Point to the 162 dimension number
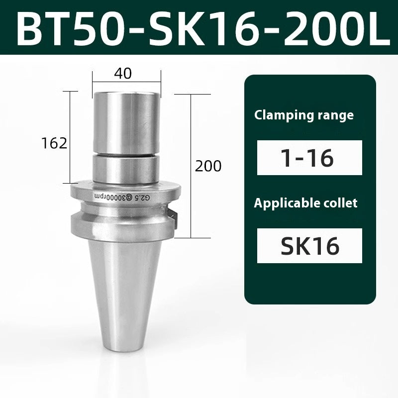[55, 143]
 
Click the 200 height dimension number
[208, 166]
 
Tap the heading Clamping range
[304, 115]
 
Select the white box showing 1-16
[309, 158]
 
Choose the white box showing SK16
[309, 245]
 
